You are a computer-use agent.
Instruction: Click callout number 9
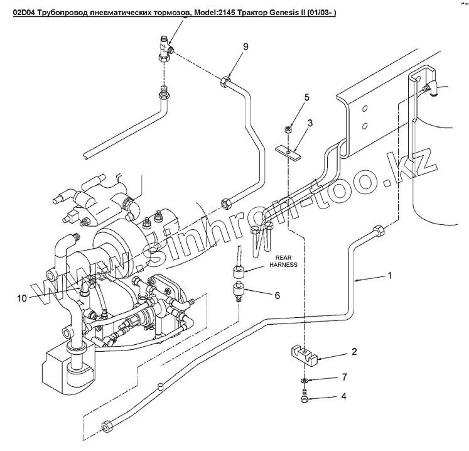[x=246, y=47]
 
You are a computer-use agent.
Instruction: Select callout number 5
[x=307, y=97]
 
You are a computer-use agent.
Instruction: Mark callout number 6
[x=276, y=295]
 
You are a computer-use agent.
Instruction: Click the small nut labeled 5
[x=288, y=130]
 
